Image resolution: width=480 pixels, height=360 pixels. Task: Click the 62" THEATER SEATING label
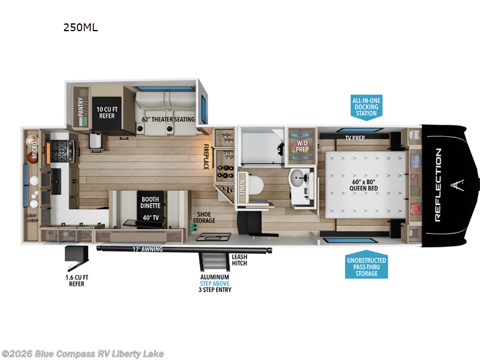point(168,119)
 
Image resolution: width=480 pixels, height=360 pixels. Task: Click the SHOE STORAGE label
point(203,217)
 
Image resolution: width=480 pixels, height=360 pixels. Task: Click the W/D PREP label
point(301,147)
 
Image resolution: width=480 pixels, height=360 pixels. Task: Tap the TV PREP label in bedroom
point(355,137)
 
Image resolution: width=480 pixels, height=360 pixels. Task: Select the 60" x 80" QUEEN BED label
point(363,183)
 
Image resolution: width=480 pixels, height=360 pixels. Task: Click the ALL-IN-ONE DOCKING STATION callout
point(366,106)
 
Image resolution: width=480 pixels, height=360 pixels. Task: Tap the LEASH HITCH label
point(239,260)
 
